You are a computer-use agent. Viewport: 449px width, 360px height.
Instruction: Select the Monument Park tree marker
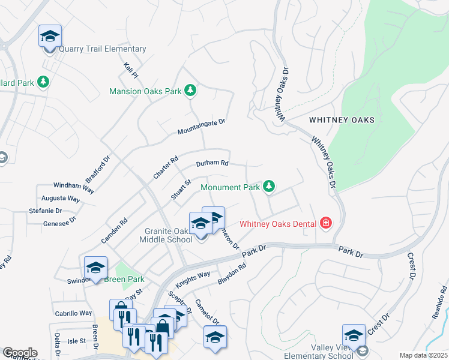point(270,187)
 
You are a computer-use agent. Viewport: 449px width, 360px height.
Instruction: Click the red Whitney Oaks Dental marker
point(325,224)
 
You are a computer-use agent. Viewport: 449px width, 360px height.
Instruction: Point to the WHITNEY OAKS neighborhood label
point(342,120)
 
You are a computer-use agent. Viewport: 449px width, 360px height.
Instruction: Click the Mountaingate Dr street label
point(200,127)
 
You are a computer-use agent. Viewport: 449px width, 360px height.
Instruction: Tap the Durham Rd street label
point(212,163)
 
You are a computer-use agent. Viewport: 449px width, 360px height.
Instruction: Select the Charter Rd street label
point(166,167)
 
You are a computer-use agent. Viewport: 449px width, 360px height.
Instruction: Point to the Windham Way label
point(74,187)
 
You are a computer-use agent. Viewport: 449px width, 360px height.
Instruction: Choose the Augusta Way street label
point(61,199)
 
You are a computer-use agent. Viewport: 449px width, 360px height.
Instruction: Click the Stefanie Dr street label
point(46,211)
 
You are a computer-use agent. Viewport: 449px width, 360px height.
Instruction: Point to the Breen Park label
point(124,280)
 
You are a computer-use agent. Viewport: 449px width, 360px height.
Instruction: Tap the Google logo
point(20,353)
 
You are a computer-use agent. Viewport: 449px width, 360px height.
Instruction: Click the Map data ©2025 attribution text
point(423,355)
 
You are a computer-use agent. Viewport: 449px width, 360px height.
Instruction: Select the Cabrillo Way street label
point(73,313)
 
